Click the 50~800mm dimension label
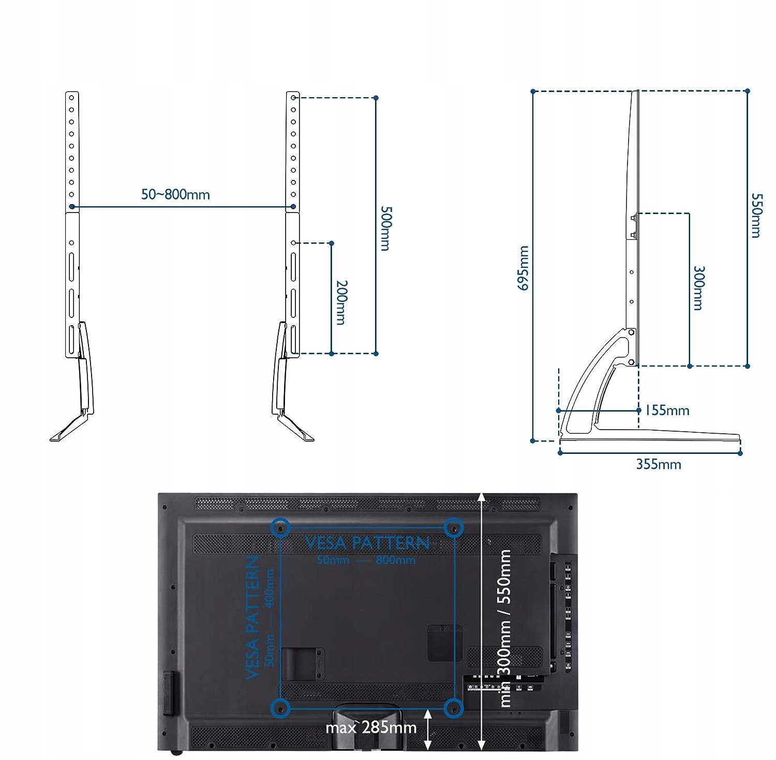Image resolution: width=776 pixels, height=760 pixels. click(175, 195)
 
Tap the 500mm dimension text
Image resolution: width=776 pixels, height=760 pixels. click(386, 229)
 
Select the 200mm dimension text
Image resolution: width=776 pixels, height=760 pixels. click(341, 302)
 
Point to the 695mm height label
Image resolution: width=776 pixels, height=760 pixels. click(524, 268)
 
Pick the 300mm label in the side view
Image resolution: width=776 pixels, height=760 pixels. click(698, 288)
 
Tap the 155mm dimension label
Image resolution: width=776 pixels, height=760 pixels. click(667, 411)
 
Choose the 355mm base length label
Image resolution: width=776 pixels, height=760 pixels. click(659, 464)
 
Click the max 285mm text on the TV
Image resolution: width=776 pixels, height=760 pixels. click(371, 728)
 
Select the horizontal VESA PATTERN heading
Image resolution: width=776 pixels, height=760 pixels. click(367, 543)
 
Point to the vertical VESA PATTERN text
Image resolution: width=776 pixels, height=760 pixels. click(252, 617)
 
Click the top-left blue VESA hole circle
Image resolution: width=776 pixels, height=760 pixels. click(280, 527)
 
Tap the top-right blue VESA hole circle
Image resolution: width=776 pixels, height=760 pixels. click(454, 527)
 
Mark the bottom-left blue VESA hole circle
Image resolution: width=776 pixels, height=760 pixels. click(280, 707)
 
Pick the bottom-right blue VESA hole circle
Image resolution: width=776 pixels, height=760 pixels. click(454, 707)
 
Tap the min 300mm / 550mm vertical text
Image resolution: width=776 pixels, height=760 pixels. click(505, 628)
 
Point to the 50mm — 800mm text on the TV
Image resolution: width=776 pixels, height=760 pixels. click(366, 560)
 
